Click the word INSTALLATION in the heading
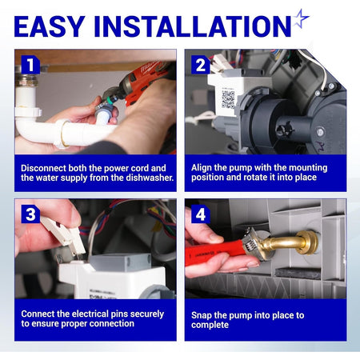click(x=192, y=26)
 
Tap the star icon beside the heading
click(x=301, y=18)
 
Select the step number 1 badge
click(x=30, y=65)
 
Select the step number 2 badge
click(x=201, y=65)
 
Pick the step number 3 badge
click(x=30, y=214)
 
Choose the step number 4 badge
click(x=201, y=214)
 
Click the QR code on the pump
click(x=228, y=100)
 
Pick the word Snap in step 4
click(x=201, y=315)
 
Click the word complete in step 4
click(x=210, y=325)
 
